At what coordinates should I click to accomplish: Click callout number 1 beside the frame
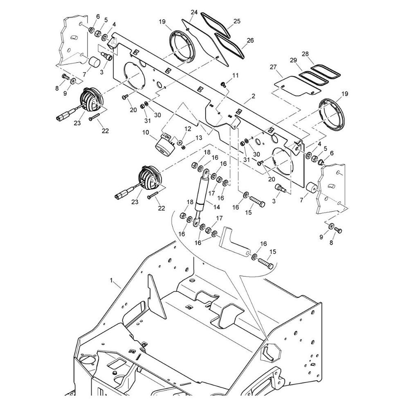(x=111, y=281)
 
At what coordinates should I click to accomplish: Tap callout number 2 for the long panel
(x=253, y=96)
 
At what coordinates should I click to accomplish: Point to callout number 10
(x=146, y=133)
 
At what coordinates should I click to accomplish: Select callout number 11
(x=236, y=75)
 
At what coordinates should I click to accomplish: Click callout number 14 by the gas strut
(x=216, y=207)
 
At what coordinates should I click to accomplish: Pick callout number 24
(x=194, y=12)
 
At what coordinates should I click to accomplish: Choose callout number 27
(x=273, y=67)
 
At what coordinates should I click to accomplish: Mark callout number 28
(x=305, y=54)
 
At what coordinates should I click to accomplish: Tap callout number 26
(x=250, y=40)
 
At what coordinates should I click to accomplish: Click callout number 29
(x=293, y=60)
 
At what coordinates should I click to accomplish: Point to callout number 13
(x=199, y=138)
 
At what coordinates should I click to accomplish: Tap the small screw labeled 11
(x=223, y=84)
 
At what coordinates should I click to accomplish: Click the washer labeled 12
(x=180, y=143)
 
